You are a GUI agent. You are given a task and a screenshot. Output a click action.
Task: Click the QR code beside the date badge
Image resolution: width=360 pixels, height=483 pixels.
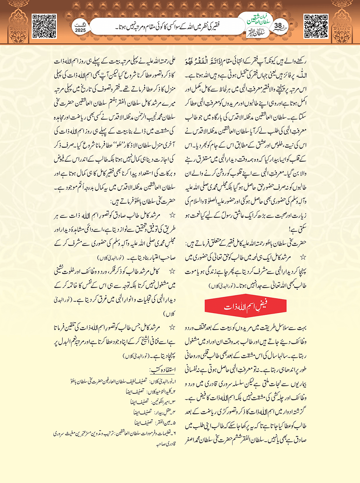(x=44, y=26)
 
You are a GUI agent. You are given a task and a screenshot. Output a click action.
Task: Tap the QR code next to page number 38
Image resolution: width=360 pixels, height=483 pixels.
(x=315, y=26)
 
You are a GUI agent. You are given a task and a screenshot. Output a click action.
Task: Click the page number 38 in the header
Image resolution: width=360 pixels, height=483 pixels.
(x=278, y=26)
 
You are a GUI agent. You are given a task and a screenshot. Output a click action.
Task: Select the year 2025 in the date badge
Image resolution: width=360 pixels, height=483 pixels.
(x=80, y=31)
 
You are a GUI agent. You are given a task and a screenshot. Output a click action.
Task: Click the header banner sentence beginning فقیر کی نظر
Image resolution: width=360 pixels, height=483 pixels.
(x=168, y=27)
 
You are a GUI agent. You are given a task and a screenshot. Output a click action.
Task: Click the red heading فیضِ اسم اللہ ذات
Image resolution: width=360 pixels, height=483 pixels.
(x=245, y=306)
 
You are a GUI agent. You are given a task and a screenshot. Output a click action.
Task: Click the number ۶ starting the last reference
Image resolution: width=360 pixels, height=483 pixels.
(x=174, y=433)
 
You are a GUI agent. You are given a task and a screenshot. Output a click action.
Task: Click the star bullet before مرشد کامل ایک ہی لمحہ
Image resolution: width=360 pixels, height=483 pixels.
(x=303, y=257)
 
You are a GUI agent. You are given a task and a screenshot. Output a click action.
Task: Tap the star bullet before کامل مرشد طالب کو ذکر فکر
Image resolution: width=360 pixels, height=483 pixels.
(x=172, y=271)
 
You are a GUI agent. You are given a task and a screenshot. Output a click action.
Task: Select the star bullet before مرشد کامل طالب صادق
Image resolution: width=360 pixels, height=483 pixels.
(x=172, y=215)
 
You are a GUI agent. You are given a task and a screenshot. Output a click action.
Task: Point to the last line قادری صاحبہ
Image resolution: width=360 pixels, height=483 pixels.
(x=166, y=444)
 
